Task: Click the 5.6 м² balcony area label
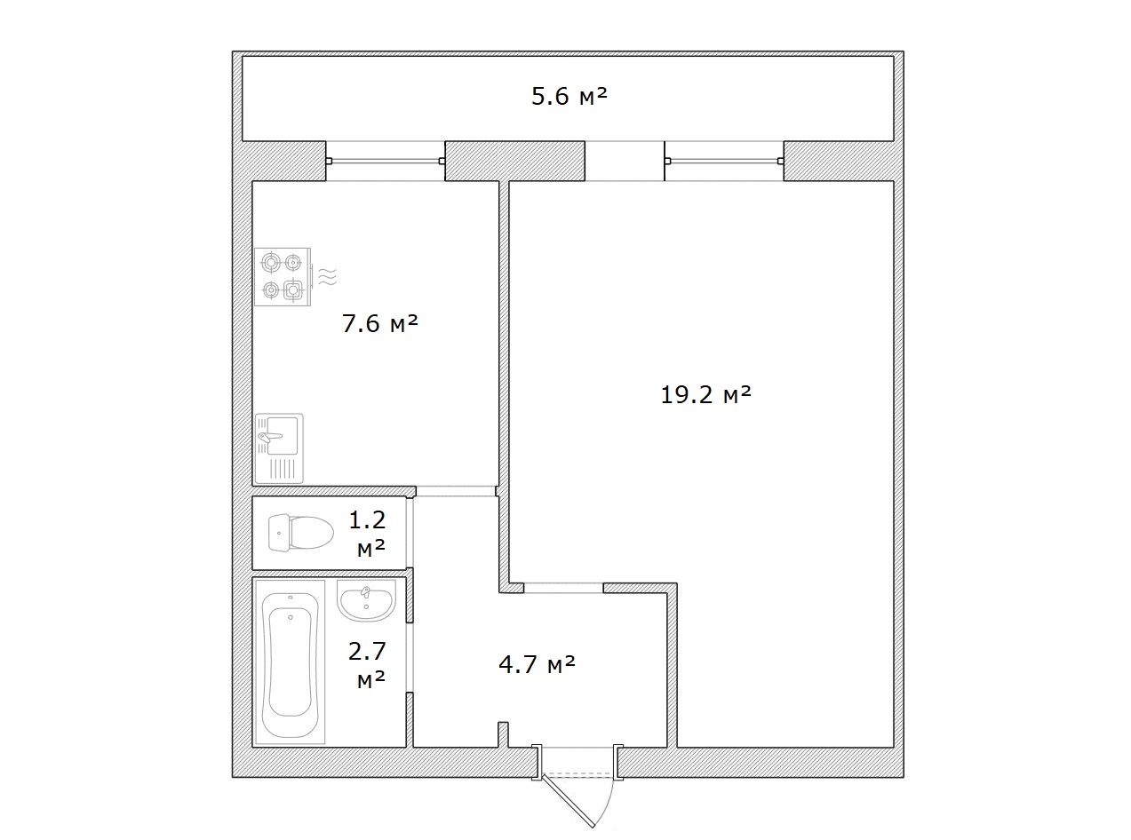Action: pyautogui.click(x=569, y=96)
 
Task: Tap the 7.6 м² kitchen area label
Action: pyautogui.click(x=380, y=323)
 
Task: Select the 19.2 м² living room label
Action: pyautogui.click(x=705, y=394)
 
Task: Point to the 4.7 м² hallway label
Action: pyautogui.click(x=537, y=664)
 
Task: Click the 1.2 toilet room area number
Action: pyautogui.click(x=367, y=520)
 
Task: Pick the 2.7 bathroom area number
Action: pyautogui.click(x=367, y=651)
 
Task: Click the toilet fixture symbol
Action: pyautogui.click(x=301, y=533)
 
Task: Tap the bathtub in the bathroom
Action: pyautogui.click(x=290, y=662)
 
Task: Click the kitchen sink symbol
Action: pyautogui.click(x=279, y=448)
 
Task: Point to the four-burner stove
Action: pyautogui.click(x=283, y=277)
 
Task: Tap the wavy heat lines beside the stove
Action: pyautogui.click(x=327, y=276)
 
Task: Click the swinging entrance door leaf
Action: pyautogui.click(x=569, y=803)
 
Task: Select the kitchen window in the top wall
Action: pyautogui.click(x=386, y=161)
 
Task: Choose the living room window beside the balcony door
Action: pyautogui.click(x=724, y=161)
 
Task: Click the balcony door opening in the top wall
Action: pyautogui.click(x=625, y=161)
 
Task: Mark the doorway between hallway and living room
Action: pyautogui.click(x=563, y=588)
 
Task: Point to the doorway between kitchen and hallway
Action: pyautogui.click(x=456, y=491)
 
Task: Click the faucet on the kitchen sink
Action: pyautogui.click(x=270, y=436)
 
